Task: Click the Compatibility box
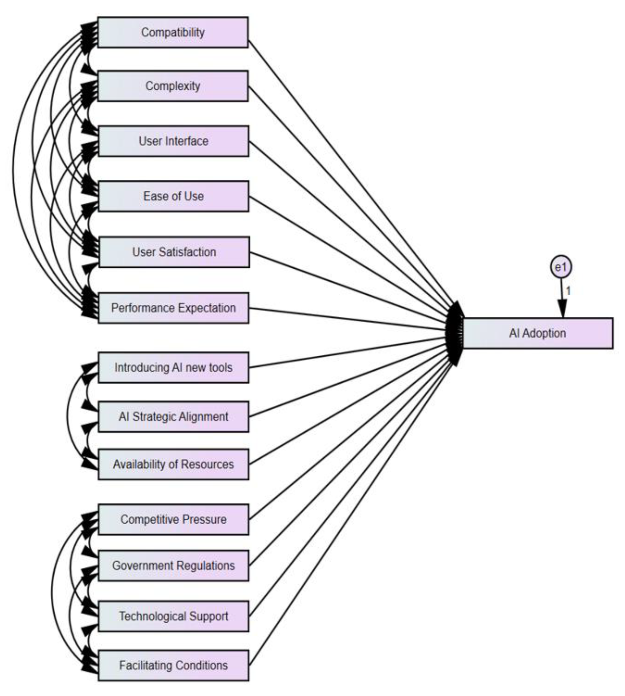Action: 173,32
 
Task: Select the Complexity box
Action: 173,86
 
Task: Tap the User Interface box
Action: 173,141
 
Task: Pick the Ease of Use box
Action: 173,196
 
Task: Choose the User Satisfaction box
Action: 174,252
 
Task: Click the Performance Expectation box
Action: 173,308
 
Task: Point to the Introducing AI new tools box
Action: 173,368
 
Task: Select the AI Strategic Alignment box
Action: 173,417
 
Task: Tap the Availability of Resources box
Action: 173,464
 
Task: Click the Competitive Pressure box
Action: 173,519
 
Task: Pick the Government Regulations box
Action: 173,566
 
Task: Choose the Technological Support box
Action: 173,616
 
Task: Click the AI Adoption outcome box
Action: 538,334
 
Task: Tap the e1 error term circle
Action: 561,267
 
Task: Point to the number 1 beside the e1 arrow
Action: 568,291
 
